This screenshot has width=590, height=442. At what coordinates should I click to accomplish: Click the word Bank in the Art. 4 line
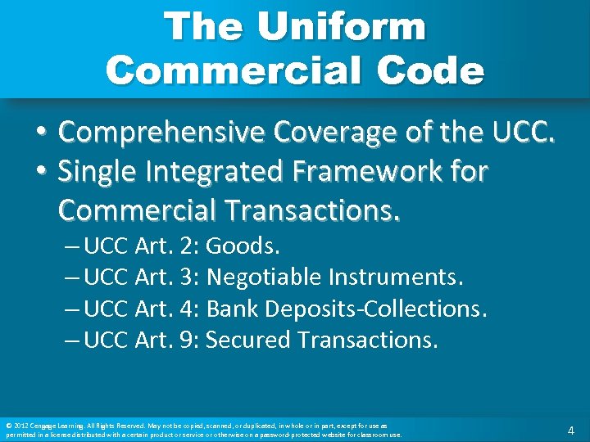228,309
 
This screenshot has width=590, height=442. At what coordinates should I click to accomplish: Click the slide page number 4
571,430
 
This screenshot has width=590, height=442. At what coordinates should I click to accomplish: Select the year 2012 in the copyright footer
19,426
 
